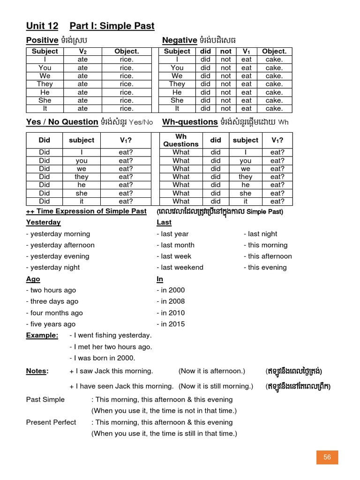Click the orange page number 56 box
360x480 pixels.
click(327, 457)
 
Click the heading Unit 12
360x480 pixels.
click(42, 26)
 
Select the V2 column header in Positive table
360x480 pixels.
click(82, 51)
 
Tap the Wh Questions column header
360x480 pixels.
click(181, 140)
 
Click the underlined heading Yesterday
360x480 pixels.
click(43, 222)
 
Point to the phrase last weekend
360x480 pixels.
click(180, 267)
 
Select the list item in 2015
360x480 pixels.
click(171, 324)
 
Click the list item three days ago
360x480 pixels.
click(52, 301)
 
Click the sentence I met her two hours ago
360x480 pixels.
click(111, 347)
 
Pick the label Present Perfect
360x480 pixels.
click(51, 422)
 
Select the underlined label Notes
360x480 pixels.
click(37, 371)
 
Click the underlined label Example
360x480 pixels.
click(42, 335)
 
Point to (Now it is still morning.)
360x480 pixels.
click(216, 386)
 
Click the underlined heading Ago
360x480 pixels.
click(33, 279)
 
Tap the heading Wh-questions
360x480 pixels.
click(190, 122)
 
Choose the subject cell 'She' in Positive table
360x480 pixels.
click(45, 100)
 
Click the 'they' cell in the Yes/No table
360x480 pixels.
click(82, 177)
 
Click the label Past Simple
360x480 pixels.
click(45, 399)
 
